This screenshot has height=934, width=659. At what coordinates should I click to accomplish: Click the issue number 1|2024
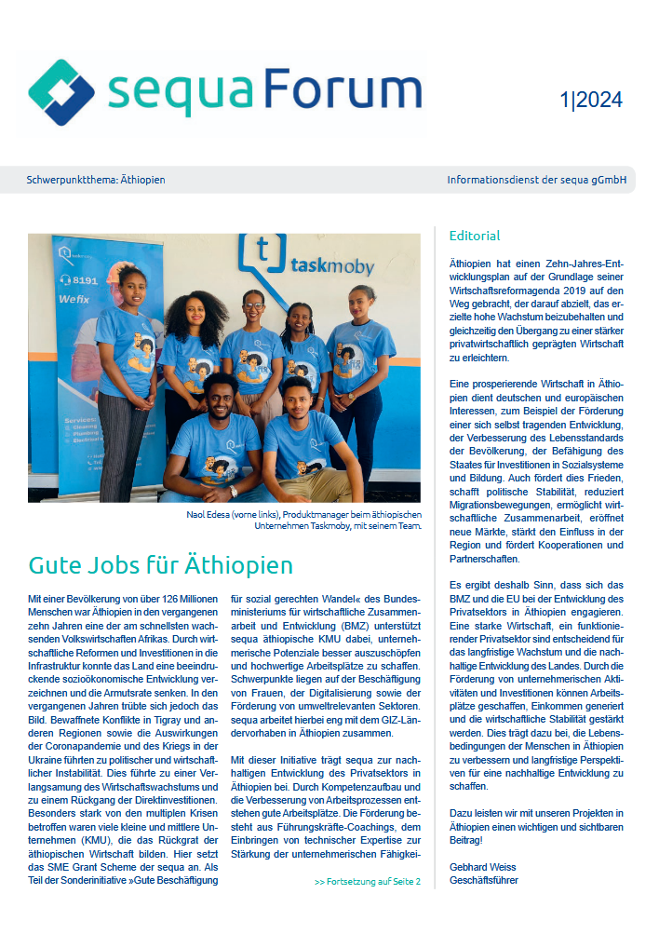coord(591,101)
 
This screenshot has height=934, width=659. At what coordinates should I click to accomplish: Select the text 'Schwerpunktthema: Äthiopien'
coord(96,179)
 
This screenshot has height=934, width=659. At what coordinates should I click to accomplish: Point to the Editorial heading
coord(475,236)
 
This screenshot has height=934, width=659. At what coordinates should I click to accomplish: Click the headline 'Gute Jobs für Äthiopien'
coord(161,565)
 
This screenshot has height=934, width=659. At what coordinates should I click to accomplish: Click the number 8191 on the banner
coord(85,278)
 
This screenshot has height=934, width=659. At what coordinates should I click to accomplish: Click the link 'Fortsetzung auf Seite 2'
coord(368,882)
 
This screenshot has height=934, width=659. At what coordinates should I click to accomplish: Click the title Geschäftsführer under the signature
coord(484,880)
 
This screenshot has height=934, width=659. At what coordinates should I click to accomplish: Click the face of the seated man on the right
coord(298,397)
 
